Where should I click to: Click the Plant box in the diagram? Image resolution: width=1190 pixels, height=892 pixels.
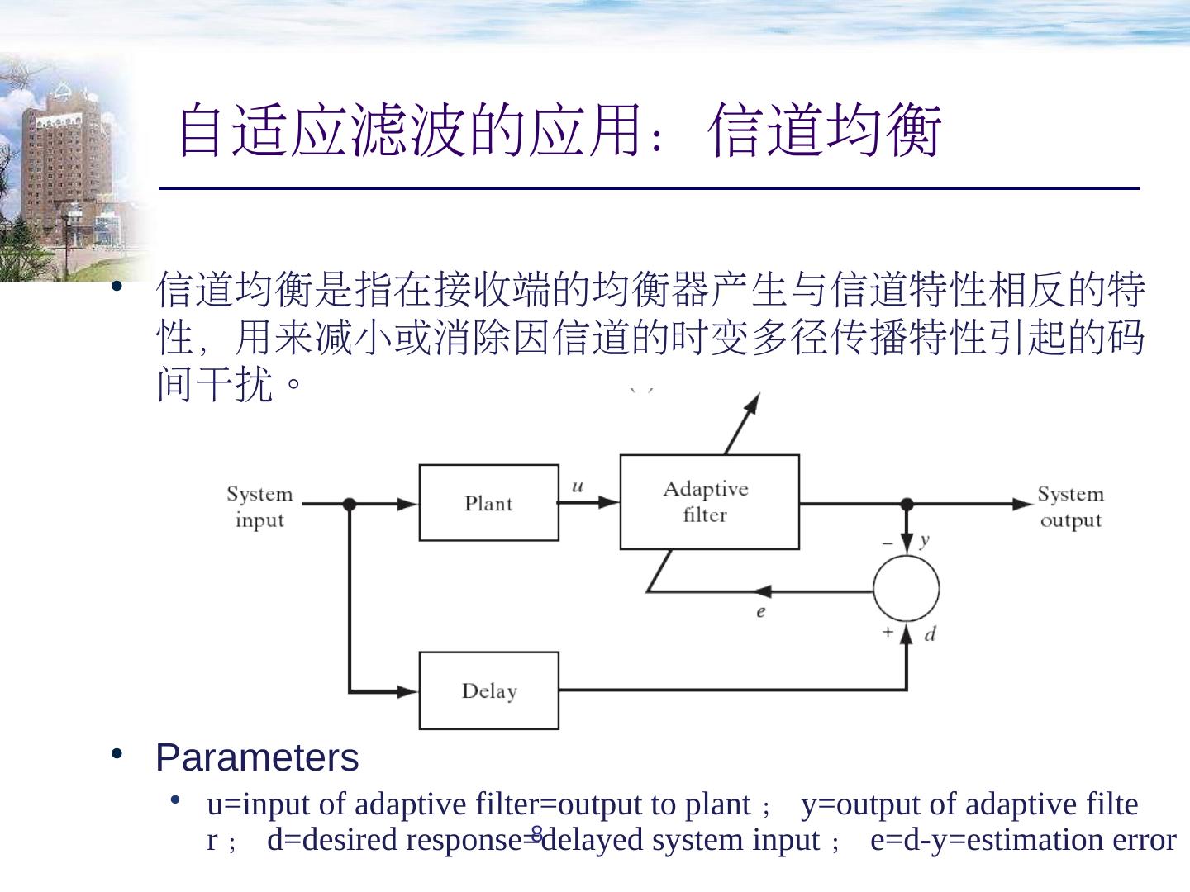coord(488,503)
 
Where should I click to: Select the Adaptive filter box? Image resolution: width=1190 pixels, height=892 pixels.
coord(709,501)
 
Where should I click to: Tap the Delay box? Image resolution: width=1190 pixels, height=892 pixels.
coord(488,690)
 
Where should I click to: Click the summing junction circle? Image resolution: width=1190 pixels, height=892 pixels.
coord(906,588)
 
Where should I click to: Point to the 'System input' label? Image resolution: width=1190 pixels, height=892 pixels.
coord(259,506)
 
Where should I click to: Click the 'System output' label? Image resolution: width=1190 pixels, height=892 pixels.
coord(1070,506)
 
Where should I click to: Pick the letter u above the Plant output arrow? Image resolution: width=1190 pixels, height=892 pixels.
coord(578,486)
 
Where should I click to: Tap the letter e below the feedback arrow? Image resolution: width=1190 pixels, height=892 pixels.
coord(760,612)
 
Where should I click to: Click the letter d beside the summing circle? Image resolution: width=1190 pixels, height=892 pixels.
coord(930,634)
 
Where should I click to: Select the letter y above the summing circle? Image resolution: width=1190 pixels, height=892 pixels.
coord(924,539)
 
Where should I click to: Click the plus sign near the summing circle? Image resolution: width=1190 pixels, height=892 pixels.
coord(888,632)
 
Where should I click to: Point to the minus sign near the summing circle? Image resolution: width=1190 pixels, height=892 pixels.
coord(888,543)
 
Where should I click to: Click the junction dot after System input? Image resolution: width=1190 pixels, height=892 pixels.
coord(350,504)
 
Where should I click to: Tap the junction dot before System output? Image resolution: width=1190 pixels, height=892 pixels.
coord(907,504)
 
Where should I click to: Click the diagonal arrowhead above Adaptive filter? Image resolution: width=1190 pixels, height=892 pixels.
coord(751,404)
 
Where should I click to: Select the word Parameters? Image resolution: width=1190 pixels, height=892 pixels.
coord(257,757)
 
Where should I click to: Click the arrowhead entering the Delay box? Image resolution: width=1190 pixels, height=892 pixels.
coord(408,690)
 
